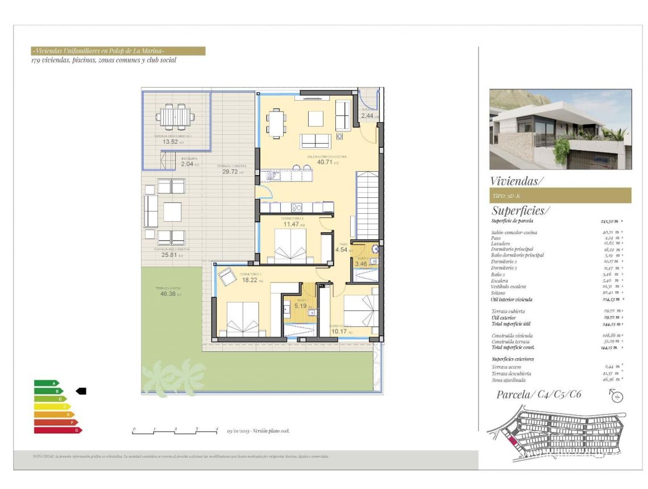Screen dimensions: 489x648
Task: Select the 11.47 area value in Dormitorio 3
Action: [x=291, y=224]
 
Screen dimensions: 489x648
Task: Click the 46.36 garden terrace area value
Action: [x=168, y=295]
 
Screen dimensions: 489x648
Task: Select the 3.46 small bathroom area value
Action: [x=361, y=264]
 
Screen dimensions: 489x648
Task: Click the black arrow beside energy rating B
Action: [x=81, y=391]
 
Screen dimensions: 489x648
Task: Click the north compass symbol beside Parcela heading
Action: [x=617, y=395]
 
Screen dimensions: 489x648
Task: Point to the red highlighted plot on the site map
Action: [x=513, y=441]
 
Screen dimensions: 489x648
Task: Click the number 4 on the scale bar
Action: [x=217, y=428]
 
